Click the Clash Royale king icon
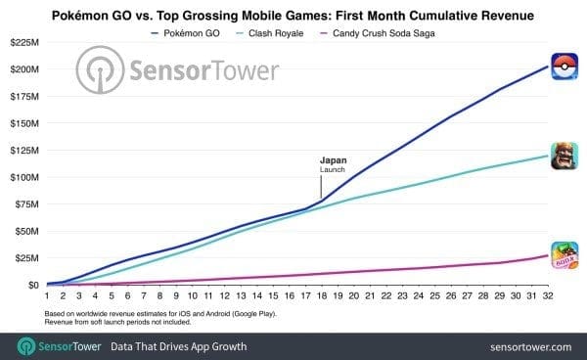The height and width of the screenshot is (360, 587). [564, 155]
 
